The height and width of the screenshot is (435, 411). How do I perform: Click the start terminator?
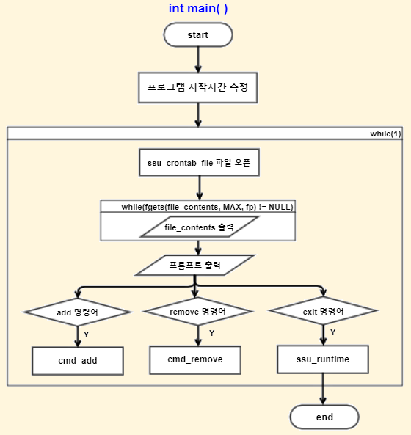point(198,35)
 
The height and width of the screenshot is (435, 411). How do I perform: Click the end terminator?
point(324,417)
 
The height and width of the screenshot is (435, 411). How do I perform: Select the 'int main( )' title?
point(198,8)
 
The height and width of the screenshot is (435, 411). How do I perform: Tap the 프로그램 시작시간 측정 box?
point(198,88)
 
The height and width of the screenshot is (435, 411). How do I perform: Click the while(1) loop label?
point(385,134)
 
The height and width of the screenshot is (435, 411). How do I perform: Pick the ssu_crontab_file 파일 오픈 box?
point(199,163)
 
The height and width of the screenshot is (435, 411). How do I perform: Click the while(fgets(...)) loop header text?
point(207,207)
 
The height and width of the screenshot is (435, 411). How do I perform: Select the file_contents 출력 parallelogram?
point(199,227)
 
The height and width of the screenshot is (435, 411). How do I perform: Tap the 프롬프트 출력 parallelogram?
point(194,266)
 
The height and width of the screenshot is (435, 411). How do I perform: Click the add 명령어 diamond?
point(77,312)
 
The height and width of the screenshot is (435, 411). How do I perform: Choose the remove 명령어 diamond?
point(197,311)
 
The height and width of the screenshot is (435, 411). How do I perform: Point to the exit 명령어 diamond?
point(324,311)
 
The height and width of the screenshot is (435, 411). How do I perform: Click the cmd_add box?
point(78,361)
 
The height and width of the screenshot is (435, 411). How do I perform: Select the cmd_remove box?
point(195,360)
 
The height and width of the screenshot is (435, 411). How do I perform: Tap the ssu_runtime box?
point(323,359)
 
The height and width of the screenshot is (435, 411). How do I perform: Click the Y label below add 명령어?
point(87,335)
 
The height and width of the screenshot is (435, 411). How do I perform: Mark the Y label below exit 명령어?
point(333,332)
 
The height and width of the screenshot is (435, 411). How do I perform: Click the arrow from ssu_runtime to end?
point(323,389)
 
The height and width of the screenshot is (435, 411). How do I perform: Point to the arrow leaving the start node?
point(198,59)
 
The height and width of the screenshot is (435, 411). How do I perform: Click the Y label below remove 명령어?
point(212,333)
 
